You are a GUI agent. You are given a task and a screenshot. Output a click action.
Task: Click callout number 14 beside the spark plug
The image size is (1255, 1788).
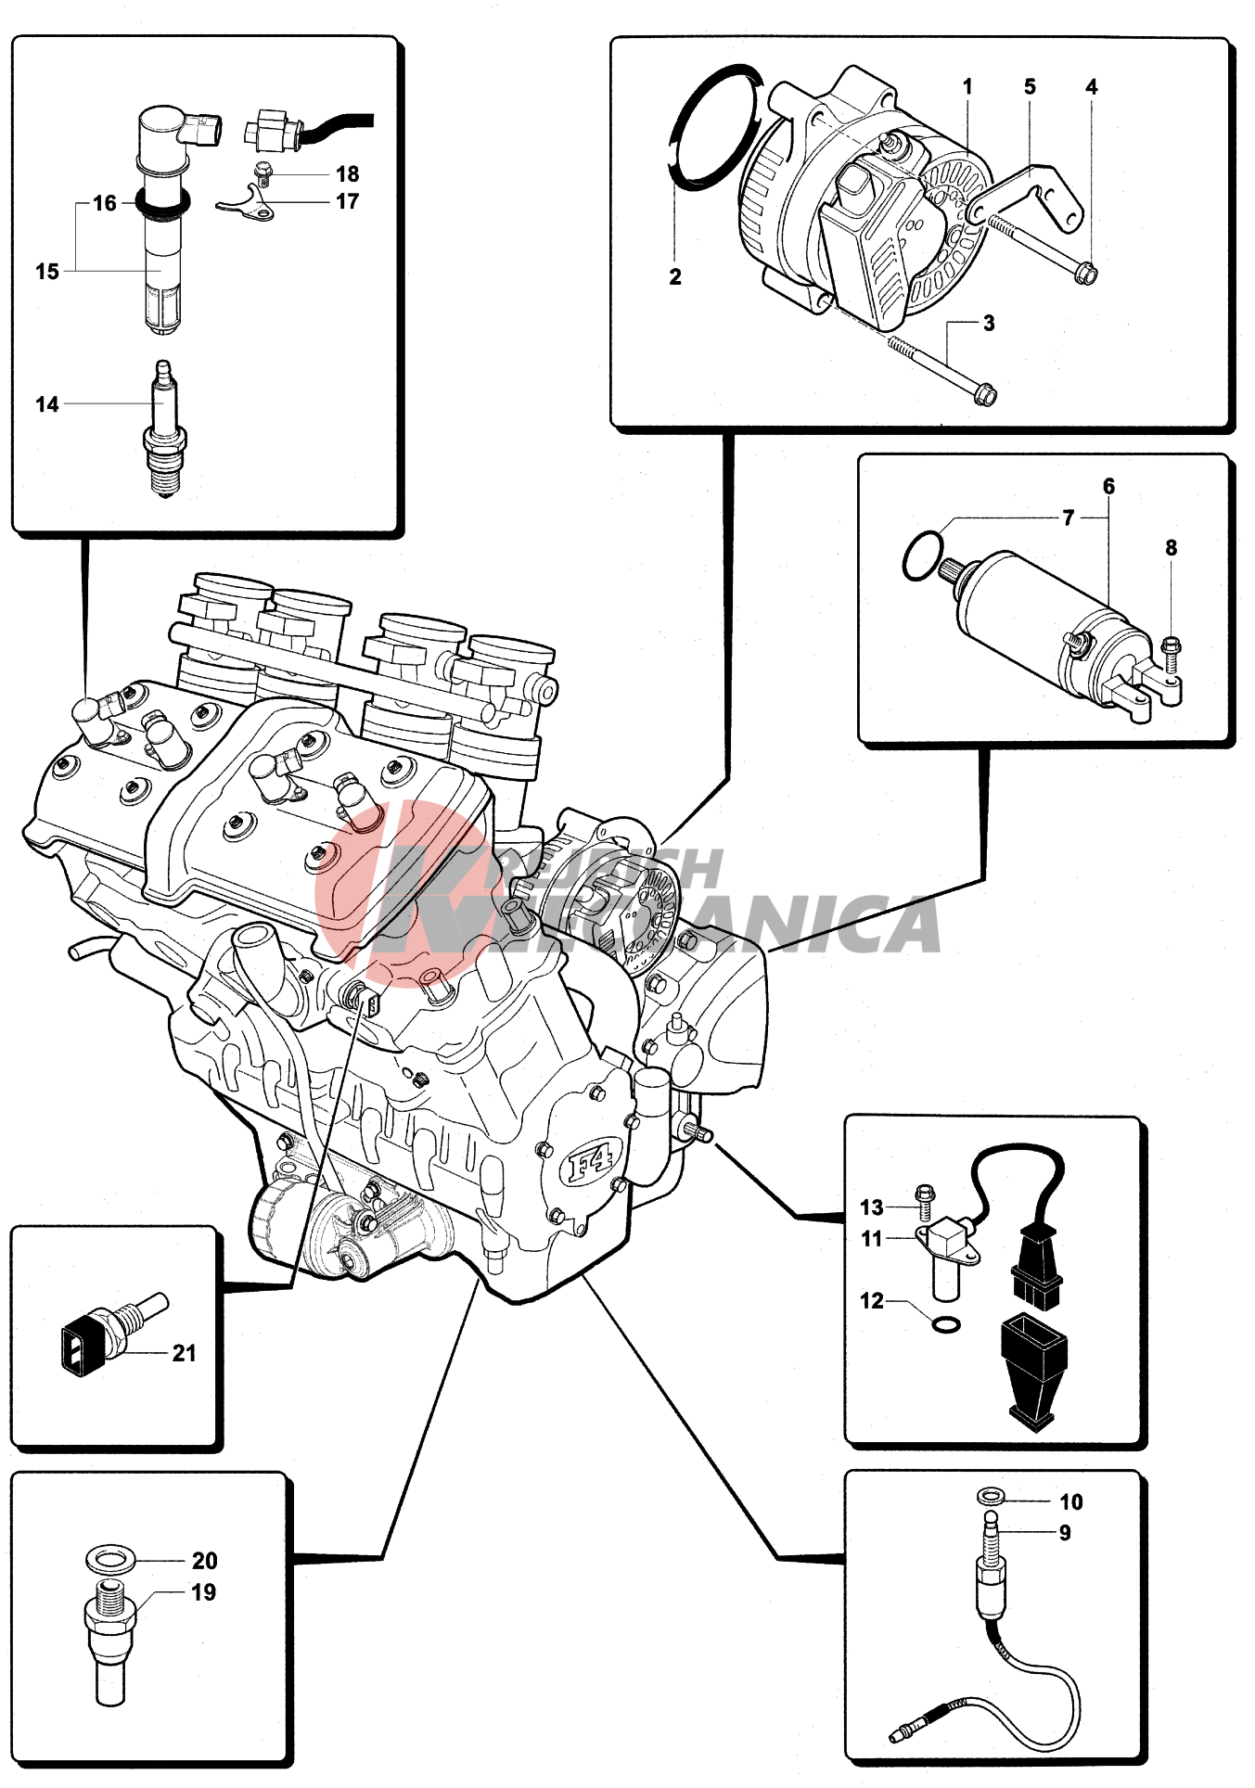tap(46, 404)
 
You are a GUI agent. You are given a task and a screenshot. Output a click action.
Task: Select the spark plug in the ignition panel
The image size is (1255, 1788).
tap(165, 431)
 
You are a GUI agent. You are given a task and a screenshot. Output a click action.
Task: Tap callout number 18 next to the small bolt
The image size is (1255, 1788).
tap(347, 174)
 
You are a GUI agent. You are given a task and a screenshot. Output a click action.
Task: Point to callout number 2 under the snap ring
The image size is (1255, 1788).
tap(675, 276)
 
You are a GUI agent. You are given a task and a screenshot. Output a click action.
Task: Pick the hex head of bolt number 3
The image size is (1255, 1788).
tap(986, 396)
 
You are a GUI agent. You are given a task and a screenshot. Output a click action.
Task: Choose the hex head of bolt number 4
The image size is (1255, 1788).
tap(1087, 274)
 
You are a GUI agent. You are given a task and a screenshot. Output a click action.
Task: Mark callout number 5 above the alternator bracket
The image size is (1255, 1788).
tap(1030, 87)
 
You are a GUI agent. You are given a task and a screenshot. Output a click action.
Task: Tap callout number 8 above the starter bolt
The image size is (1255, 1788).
tap(1171, 548)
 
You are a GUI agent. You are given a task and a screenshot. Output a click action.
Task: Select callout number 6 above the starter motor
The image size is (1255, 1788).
tap(1108, 487)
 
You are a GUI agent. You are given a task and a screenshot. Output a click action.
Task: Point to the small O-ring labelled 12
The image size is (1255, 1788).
tap(945, 1324)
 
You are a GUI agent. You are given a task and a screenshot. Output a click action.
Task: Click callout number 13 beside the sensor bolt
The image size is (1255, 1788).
tap(871, 1207)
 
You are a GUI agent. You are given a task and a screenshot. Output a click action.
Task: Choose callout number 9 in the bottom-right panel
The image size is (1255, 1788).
tap(1065, 1533)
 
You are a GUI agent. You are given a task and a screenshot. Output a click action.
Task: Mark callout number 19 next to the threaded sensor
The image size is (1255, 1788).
tap(203, 1592)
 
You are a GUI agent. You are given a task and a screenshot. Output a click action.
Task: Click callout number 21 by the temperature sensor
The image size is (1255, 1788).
tap(185, 1353)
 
